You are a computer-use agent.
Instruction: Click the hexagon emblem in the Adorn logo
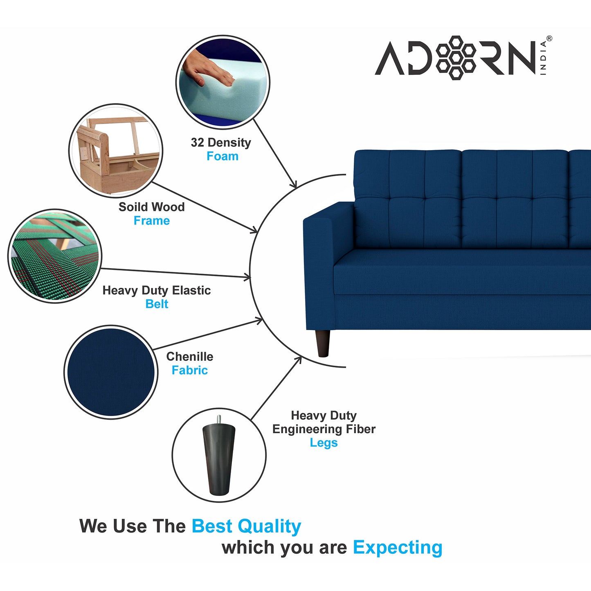click(x=456, y=58)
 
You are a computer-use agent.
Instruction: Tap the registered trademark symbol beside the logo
click(x=549, y=38)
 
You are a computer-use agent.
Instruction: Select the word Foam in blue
click(x=222, y=156)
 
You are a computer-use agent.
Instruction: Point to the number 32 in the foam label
click(x=197, y=142)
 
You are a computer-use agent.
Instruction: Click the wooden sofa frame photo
click(x=116, y=151)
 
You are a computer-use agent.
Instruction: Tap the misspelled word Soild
click(x=131, y=207)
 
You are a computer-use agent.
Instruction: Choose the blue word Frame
click(x=152, y=220)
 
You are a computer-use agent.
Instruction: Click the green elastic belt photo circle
click(x=54, y=256)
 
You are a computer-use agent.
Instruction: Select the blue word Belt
click(x=157, y=304)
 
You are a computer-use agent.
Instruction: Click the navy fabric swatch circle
click(x=111, y=372)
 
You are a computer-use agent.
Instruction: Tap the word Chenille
click(x=189, y=356)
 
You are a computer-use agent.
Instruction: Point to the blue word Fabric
click(x=189, y=370)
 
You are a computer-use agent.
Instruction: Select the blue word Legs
click(x=324, y=443)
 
